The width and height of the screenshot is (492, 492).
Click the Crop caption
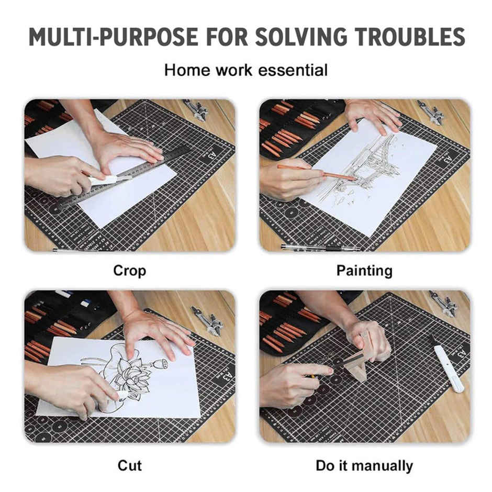(129, 271)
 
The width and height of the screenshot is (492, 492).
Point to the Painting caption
(364, 271)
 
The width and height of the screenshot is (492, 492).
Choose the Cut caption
(129, 465)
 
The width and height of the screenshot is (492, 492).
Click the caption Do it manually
(364, 465)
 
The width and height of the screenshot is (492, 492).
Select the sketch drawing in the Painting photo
(366, 167)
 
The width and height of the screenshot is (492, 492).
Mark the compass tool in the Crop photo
(197, 110)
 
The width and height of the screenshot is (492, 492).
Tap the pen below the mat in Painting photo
(319, 247)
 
